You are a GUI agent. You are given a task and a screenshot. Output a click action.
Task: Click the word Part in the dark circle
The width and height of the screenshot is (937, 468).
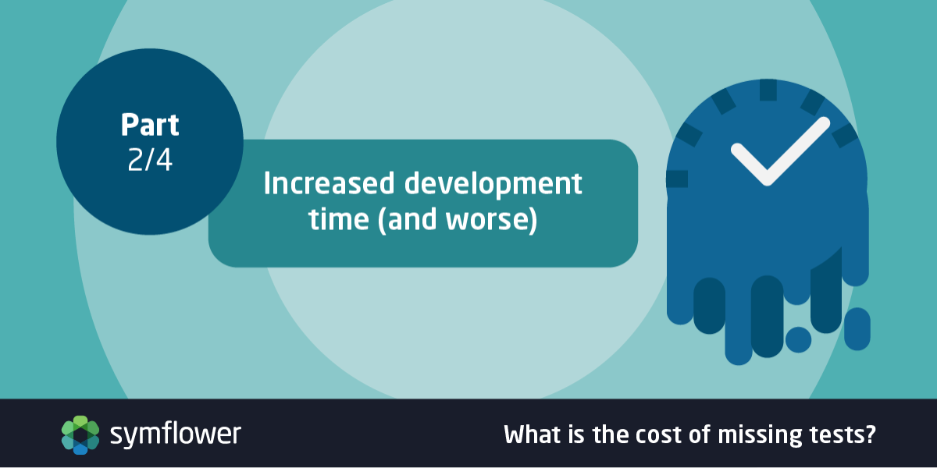(150, 125)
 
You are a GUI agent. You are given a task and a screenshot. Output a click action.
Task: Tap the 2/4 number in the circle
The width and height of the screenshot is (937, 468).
(150, 160)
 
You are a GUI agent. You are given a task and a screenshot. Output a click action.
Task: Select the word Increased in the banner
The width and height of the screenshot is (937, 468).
(329, 183)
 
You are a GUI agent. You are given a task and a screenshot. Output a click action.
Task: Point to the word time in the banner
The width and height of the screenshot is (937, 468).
(339, 219)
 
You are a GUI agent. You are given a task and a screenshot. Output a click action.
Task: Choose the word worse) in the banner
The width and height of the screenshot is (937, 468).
(491, 220)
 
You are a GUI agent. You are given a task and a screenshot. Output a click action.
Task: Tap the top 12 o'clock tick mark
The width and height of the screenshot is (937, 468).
(768, 90)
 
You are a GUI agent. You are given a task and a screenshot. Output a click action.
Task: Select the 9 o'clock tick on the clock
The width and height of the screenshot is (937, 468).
(677, 179)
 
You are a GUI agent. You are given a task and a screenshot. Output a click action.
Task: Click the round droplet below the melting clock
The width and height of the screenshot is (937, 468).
(798, 339)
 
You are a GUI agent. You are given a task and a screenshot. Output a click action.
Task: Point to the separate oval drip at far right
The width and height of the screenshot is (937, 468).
(857, 329)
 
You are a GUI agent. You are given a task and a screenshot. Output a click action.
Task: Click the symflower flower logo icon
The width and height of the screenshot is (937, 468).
(80, 434)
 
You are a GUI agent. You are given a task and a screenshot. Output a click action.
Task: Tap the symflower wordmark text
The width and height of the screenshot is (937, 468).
(175, 434)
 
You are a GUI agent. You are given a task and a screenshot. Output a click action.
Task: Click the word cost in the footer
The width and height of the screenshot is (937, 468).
(659, 435)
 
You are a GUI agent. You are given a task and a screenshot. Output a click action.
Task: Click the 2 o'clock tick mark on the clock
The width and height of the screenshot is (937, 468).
(845, 136)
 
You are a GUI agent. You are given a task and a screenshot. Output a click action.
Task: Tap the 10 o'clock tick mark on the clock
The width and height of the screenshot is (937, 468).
(689, 134)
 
